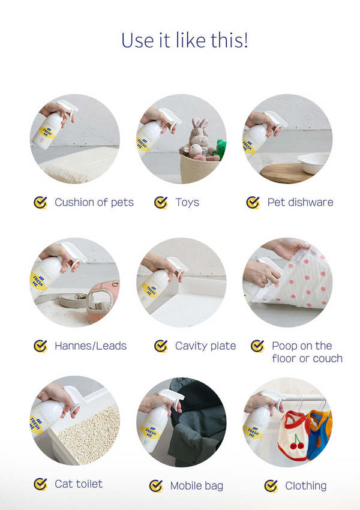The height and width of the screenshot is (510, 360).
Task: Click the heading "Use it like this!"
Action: coord(185,40)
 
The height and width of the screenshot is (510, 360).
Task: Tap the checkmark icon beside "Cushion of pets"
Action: coord(40,202)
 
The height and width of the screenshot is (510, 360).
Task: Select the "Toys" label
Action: coord(187,202)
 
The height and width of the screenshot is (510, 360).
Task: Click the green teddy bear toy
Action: coord(221,149)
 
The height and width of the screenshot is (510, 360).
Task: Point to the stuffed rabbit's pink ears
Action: coord(200,123)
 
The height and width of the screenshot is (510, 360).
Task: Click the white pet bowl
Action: coord(313,163)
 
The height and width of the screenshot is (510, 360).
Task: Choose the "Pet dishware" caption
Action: coord(300,202)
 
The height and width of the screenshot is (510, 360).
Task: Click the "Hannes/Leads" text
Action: coord(91,346)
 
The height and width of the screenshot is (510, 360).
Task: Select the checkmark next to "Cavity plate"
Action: coord(161,346)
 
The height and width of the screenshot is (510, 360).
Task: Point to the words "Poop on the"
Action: coord(302,346)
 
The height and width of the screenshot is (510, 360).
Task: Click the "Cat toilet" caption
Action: coord(79,484)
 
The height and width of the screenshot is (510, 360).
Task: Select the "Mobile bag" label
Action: coord(196,486)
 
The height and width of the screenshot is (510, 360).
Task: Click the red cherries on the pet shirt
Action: coord(297,442)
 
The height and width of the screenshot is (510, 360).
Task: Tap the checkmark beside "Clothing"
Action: coord(271,486)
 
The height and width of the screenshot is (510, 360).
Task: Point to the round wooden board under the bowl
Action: coord(286,172)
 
